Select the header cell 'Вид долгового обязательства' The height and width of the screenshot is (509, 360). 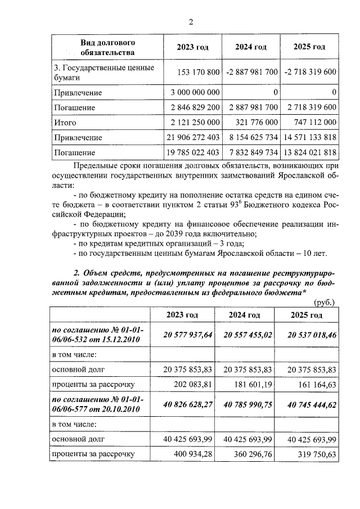coord(107,47)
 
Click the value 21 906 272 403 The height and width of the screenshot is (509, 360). coord(191,138)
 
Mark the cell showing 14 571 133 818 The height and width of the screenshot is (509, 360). coord(310,138)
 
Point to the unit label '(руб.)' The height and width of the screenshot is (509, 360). coord(325,303)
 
